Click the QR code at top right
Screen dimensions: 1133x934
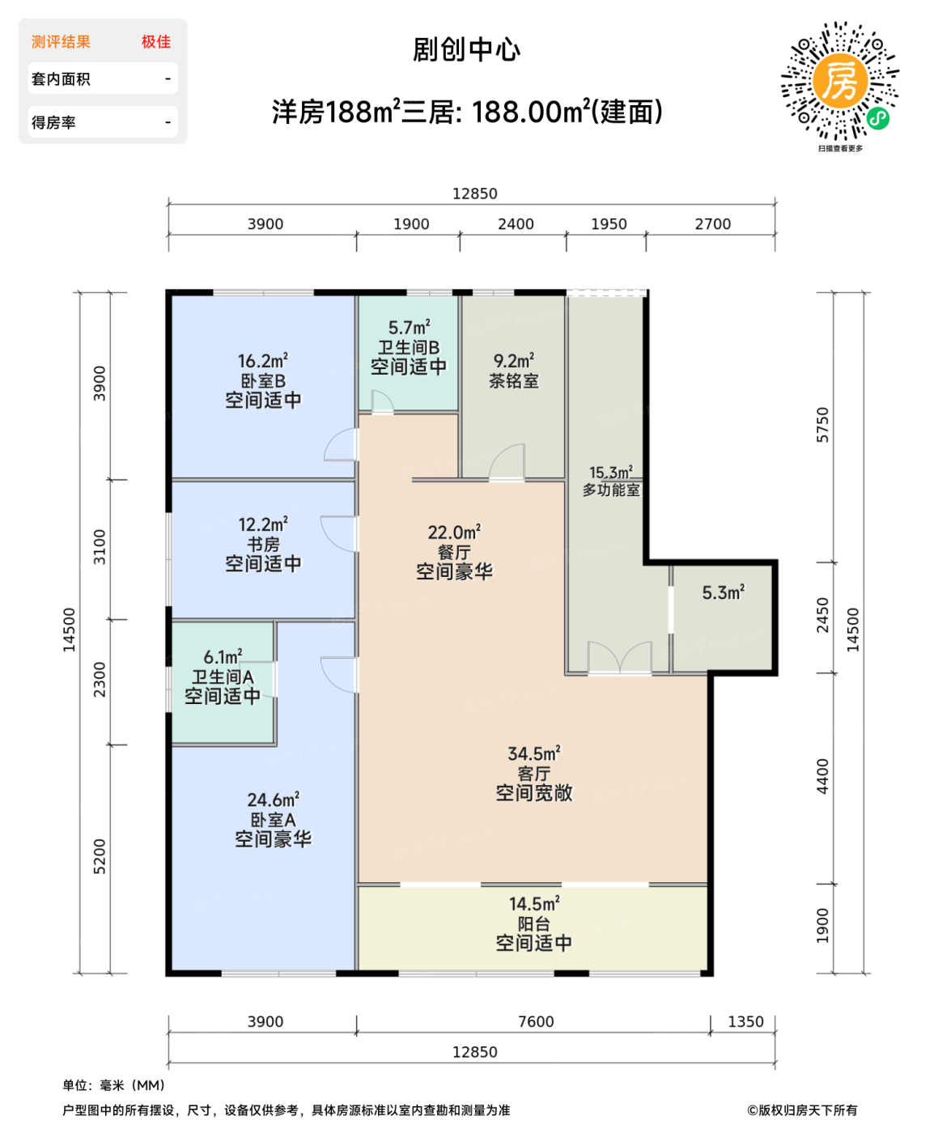click(839, 81)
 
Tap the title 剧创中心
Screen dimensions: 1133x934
click(466, 50)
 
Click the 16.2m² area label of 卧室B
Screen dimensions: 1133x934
click(263, 361)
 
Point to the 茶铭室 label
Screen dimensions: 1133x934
click(513, 380)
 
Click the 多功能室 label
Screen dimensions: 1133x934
click(611, 490)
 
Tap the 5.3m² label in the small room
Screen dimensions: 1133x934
click(723, 592)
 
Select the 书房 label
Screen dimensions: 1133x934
click(263, 545)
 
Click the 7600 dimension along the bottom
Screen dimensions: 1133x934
click(536, 1021)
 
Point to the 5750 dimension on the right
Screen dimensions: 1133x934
click(822, 424)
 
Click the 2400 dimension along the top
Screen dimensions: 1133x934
click(516, 224)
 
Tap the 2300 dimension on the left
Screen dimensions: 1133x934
click(100, 680)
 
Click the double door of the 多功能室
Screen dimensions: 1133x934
click(620, 658)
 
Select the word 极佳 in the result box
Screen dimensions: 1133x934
click(156, 42)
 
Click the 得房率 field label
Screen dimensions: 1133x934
click(53, 123)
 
